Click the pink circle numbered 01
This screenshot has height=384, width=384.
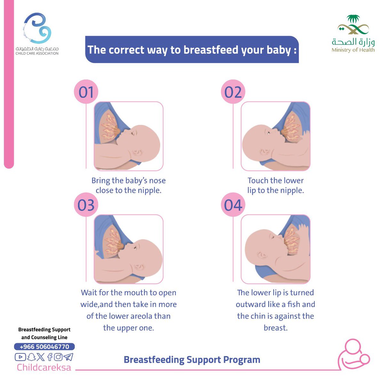(x=86, y=92)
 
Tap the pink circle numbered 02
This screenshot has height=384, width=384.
(x=233, y=92)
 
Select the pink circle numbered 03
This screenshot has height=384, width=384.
(x=86, y=205)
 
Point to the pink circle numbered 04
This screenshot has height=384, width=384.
(x=233, y=205)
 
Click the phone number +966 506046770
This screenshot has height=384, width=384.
(x=44, y=347)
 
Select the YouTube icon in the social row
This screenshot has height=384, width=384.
(x=20, y=357)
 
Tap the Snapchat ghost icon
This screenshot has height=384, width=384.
(x=31, y=357)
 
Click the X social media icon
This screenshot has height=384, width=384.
(x=41, y=357)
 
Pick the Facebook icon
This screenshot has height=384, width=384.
(x=50, y=357)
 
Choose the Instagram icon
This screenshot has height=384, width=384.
(x=58, y=357)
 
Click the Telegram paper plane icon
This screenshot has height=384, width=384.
(x=68, y=357)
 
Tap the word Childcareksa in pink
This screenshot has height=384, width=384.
(x=44, y=367)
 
